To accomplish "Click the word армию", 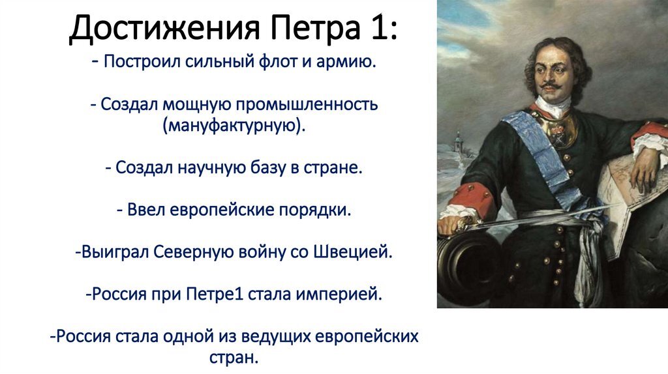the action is [x=346, y=63].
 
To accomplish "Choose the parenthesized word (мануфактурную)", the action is [x=234, y=126].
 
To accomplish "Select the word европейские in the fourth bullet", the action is [x=222, y=210].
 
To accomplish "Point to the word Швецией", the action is [x=353, y=252].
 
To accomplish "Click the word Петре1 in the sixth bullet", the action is [x=215, y=294].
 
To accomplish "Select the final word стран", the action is [x=234, y=358].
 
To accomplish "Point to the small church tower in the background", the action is [x=458, y=141].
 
